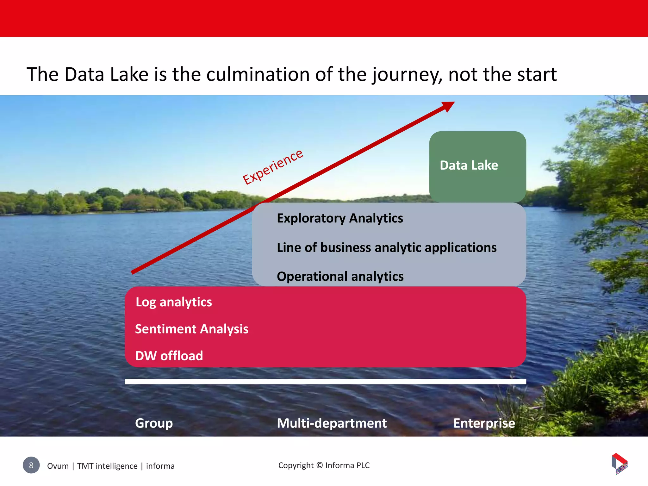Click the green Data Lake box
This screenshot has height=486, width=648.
click(x=477, y=166)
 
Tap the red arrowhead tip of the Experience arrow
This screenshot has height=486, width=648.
click(x=451, y=104)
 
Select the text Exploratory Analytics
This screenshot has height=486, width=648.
click(x=340, y=218)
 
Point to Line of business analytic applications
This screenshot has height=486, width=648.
click(x=386, y=247)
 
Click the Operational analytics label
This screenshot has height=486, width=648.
click(x=340, y=277)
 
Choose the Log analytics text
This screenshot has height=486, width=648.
click(x=174, y=302)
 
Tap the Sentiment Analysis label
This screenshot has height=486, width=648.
click(x=192, y=329)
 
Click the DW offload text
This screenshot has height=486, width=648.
click(x=169, y=356)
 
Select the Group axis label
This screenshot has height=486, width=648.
click(x=154, y=423)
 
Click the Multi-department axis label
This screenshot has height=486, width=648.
click(x=332, y=423)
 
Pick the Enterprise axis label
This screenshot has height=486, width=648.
click(x=484, y=423)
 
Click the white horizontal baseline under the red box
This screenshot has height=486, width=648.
click(x=325, y=382)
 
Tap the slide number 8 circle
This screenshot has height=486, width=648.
click(x=31, y=465)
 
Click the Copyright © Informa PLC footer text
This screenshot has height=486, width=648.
click(x=324, y=465)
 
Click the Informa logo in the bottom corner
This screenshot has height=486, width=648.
click(x=619, y=464)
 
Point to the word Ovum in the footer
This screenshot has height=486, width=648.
click(x=58, y=466)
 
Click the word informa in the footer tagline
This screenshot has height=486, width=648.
click(x=160, y=466)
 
